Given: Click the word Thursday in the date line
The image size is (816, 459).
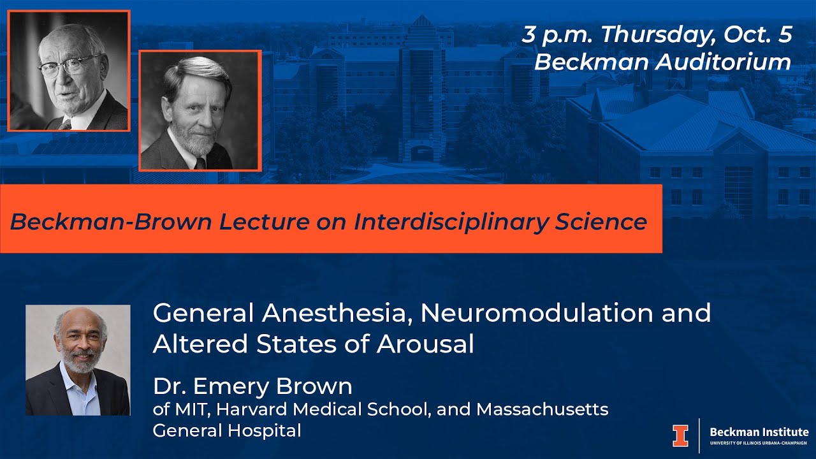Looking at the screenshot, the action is coord(658,34).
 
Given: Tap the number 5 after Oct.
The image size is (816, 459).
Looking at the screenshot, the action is coord(785,34).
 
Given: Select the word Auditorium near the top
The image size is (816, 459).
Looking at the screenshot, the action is coord(723,62).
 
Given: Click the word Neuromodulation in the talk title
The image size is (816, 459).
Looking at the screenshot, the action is coord(537,313).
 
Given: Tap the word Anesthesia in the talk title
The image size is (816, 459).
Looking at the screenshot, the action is coord(333,314).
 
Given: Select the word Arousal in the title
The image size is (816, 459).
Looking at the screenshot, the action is coord(425,344).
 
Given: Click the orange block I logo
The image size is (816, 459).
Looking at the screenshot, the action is coord(680,435).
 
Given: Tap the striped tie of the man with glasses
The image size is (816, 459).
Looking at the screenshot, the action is coord(66,125).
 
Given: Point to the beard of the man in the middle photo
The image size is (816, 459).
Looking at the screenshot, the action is coord(194,138).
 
